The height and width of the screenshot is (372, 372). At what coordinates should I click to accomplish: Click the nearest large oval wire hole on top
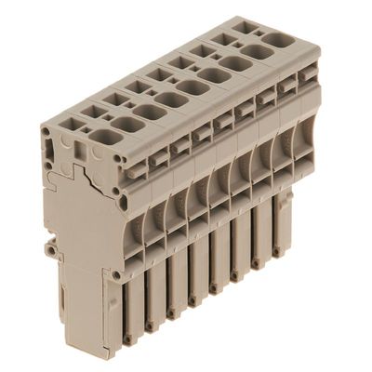104,137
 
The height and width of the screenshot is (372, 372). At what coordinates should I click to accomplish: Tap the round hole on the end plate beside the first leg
115,275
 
